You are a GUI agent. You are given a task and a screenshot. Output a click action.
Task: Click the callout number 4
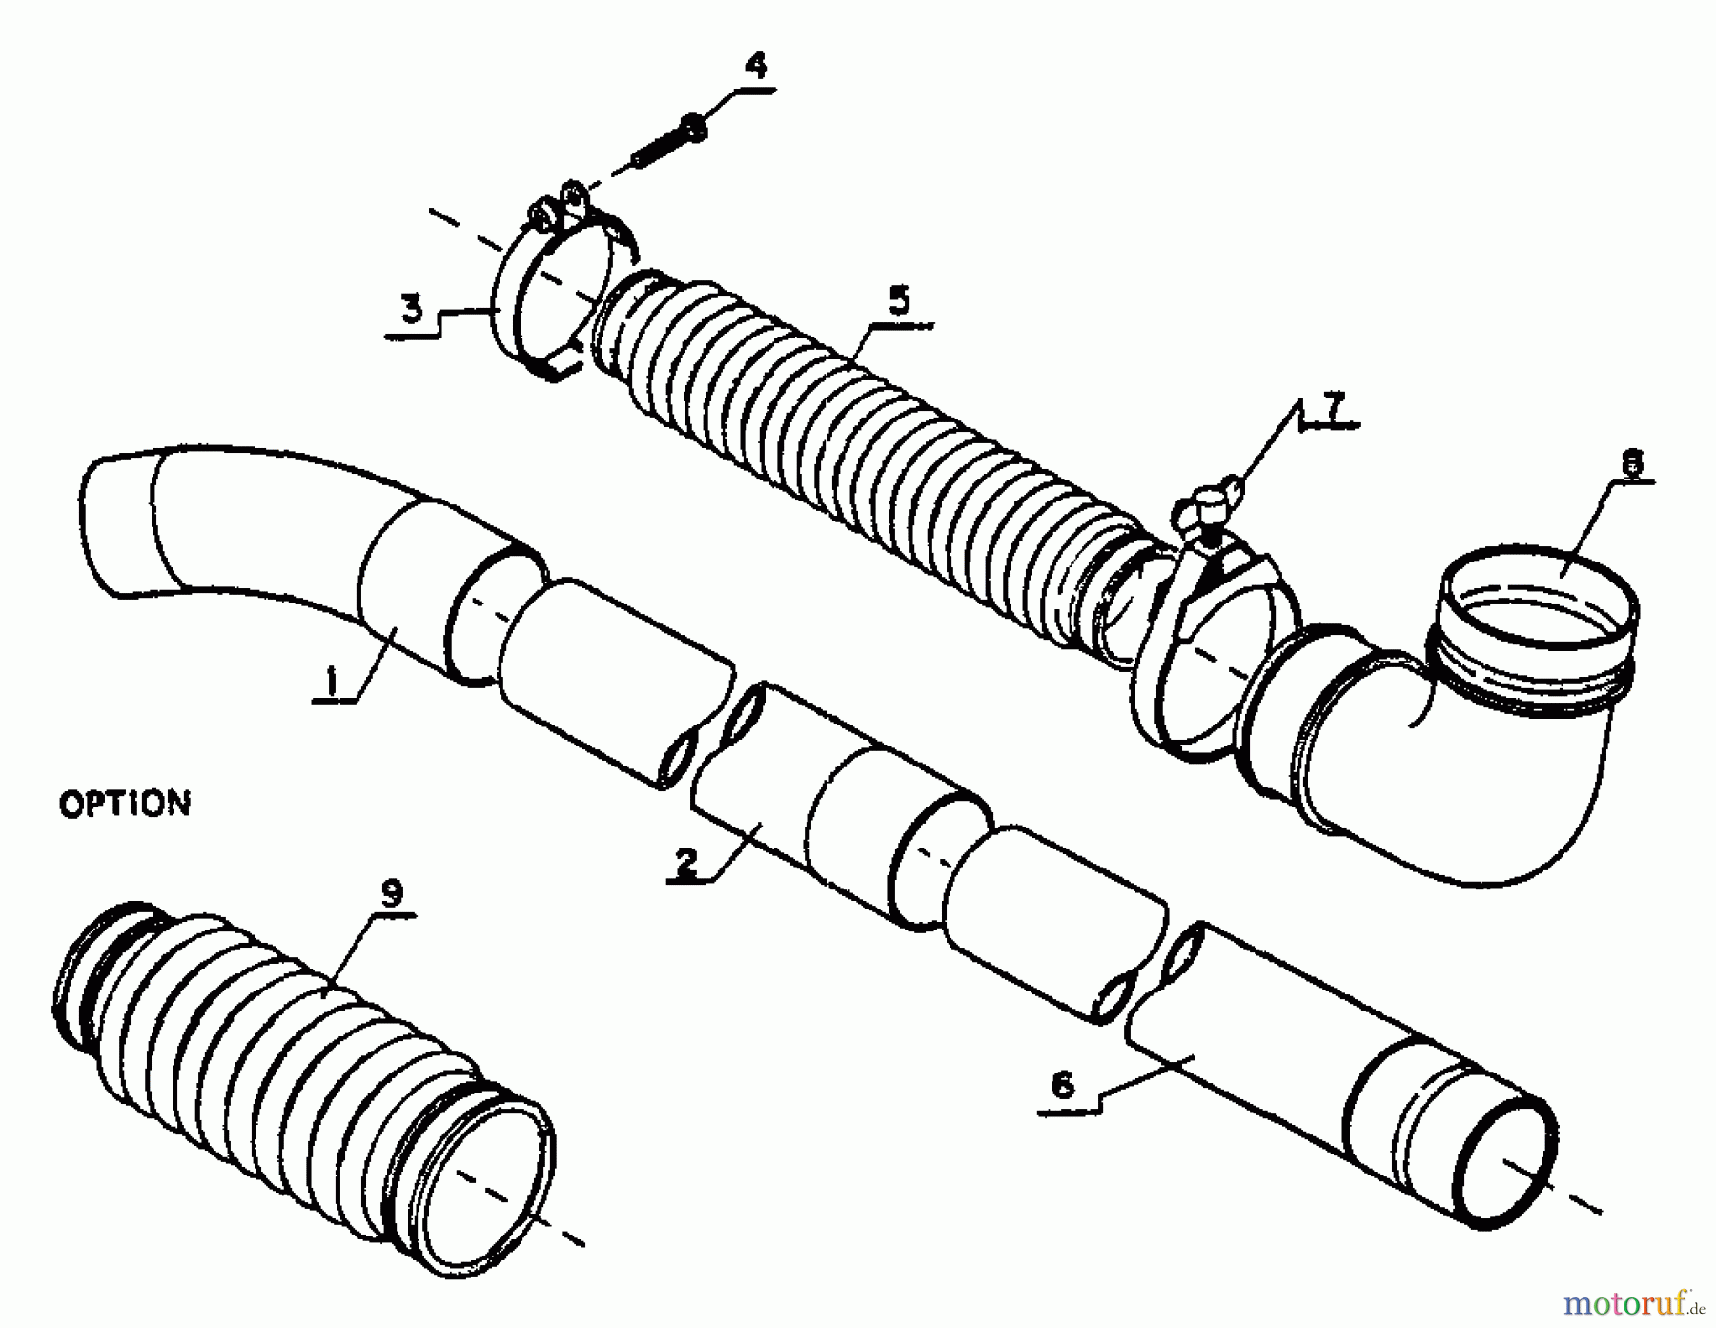pyautogui.click(x=755, y=67)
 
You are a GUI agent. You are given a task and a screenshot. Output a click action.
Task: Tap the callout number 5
pyautogui.click(x=898, y=302)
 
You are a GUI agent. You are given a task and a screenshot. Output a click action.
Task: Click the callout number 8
pyautogui.click(x=1632, y=463)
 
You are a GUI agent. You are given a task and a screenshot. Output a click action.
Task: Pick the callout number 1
pyautogui.click(x=331, y=681)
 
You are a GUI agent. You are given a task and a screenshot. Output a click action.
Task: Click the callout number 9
pyautogui.click(x=391, y=892)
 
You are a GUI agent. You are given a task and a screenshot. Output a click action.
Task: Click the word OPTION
pyautogui.click(x=125, y=804)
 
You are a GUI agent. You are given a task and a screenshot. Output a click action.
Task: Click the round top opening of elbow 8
pyautogui.click(x=1541, y=596)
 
